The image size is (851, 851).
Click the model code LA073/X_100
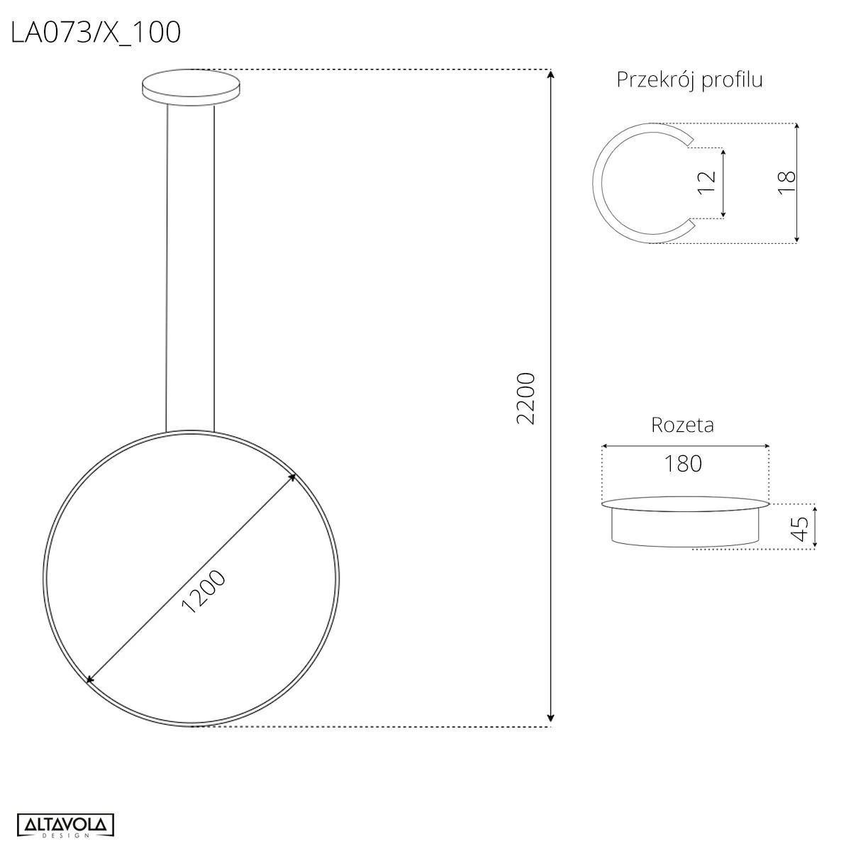point(96,32)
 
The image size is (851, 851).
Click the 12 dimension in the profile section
point(707,182)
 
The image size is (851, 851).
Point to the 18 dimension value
point(786,183)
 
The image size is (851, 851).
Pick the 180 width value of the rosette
point(683,463)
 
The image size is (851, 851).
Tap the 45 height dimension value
point(800,528)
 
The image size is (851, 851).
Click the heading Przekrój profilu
point(689,79)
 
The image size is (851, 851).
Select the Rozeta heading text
point(682,425)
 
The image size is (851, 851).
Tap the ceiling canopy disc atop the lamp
point(191,87)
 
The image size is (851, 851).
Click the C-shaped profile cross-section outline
point(596,183)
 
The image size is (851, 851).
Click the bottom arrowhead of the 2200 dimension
point(551,721)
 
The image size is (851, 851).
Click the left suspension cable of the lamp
point(167,269)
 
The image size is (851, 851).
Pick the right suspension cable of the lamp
point(214,269)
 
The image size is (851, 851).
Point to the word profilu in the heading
point(732,80)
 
